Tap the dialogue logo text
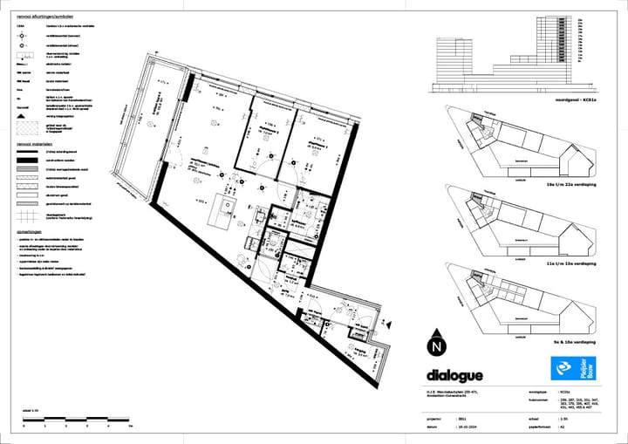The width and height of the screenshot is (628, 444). tap(454, 376)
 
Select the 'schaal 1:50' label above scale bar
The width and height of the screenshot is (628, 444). tap(31, 409)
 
